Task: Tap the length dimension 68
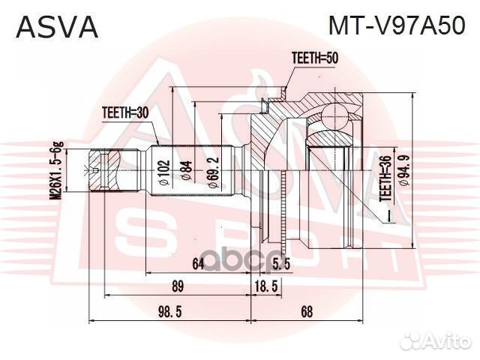[x=306, y=310]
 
